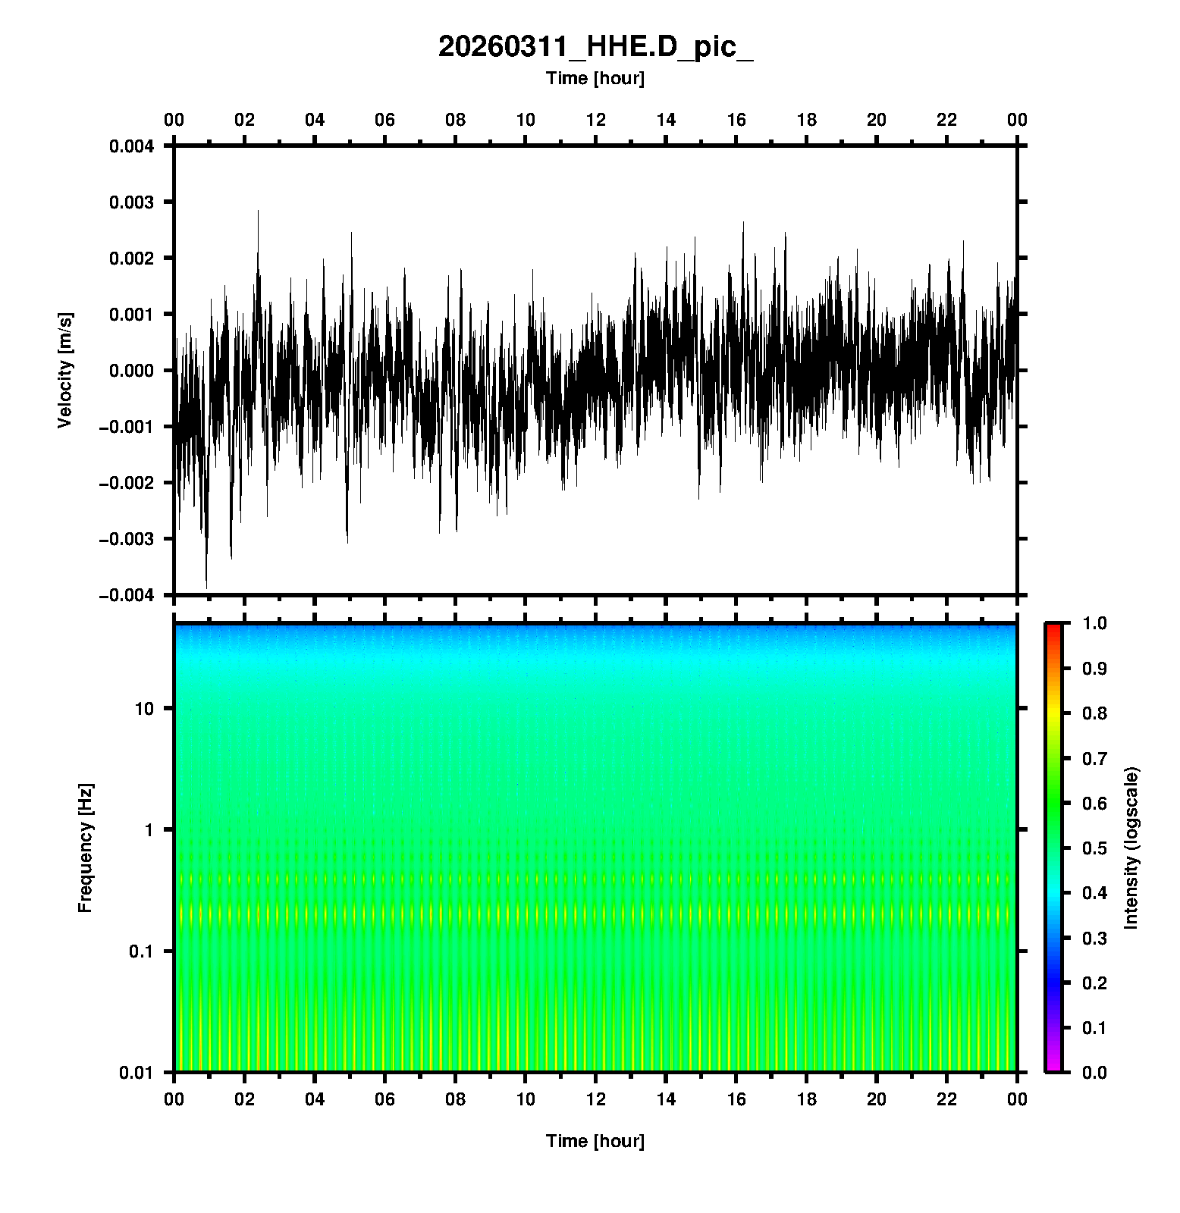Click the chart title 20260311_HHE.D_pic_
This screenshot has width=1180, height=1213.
click(x=595, y=47)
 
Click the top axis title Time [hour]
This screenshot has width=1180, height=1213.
click(x=595, y=78)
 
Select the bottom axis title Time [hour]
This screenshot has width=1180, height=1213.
click(x=595, y=1141)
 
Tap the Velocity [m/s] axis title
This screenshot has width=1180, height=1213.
click(x=65, y=370)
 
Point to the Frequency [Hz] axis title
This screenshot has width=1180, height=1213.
click(x=85, y=848)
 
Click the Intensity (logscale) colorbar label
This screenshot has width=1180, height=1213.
click(x=1131, y=848)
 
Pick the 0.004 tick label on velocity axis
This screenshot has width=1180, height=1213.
click(x=131, y=146)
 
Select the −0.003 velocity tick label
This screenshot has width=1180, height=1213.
click(x=126, y=539)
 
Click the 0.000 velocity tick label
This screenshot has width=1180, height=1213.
click(x=131, y=371)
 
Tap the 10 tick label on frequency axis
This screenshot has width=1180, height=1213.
click(x=144, y=709)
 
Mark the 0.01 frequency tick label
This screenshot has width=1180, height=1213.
click(x=137, y=1073)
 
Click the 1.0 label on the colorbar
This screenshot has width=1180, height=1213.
click(x=1094, y=623)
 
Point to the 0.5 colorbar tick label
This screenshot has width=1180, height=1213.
click(x=1094, y=848)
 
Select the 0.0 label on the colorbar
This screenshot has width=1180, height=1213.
click(x=1094, y=1072)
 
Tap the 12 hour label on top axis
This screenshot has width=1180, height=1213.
click(x=596, y=120)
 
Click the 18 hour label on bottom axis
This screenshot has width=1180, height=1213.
click(x=807, y=1099)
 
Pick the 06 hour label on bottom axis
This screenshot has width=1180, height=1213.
click(x=385, y=1099)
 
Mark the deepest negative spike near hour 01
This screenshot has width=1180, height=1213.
click(x=206, y=586)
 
